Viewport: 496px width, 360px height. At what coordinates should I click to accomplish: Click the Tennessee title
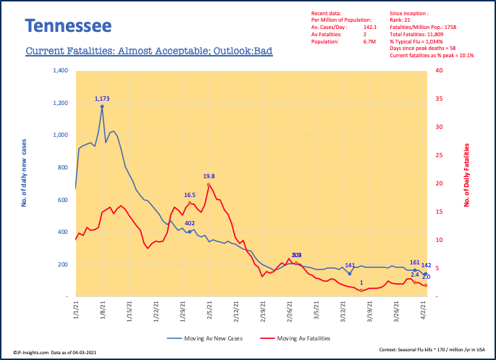coord(68,26)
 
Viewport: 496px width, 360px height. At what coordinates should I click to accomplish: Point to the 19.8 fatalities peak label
coord(209,176)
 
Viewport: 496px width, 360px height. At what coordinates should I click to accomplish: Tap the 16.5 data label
coord(190,195)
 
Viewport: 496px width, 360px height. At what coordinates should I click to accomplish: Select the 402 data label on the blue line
coord(190,223)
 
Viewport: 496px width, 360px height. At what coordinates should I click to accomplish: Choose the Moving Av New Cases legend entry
coord(210,338)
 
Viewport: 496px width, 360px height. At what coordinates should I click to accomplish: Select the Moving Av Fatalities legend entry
coord(305,338)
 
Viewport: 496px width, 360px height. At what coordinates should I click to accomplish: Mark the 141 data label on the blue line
coord(349,265)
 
